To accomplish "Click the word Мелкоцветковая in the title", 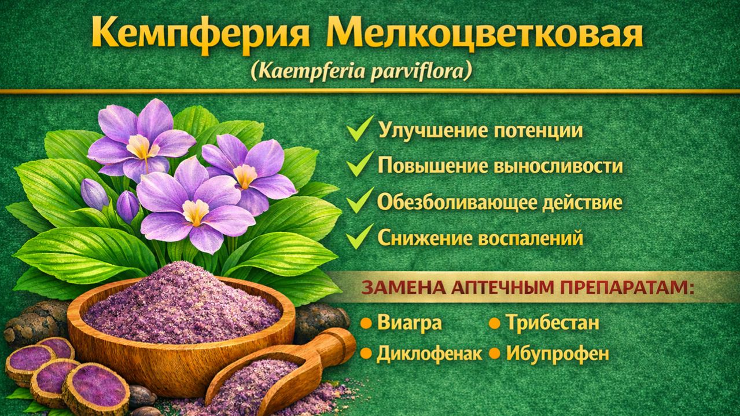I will pos(485,34).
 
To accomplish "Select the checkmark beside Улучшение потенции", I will pos(360,129).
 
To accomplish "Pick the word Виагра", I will pos(409,323).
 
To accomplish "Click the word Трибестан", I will pos(553,323).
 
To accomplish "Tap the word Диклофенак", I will pos(429,353).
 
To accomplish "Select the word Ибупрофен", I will pos(557,353).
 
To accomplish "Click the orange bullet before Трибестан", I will pos(494,323).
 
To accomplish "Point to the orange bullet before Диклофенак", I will pos(366,353).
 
